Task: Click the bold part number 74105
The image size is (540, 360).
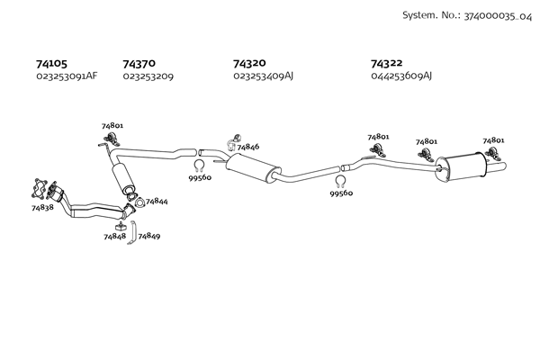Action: coord(51,64)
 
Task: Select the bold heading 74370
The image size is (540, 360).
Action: coord(139,64)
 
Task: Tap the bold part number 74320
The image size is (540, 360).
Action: coord(249,63)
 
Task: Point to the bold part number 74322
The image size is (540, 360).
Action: coord(386,63)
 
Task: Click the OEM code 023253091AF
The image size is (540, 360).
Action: coord(67,76)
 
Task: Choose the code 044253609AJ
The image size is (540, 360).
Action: coord(401,76)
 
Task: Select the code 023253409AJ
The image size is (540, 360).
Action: coord(263,76)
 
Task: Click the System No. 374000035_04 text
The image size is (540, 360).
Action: coord(467,15)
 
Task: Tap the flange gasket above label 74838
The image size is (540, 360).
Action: coord(40,189)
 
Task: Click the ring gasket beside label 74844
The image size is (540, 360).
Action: coord(139,202)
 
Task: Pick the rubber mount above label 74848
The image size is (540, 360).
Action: coord(121,227)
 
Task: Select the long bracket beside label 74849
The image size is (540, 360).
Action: coord(133,232)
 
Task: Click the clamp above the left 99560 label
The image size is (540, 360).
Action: coord(199,166)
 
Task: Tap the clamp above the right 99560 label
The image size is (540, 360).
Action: coord(340,181)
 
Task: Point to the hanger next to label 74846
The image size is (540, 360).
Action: coord(233,142)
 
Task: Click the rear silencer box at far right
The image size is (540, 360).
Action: coord(462,166)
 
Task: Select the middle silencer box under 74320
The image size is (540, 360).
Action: coord(254,168)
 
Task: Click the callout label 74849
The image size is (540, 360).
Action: coord(149,237)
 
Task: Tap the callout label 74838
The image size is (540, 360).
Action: coord(42,207)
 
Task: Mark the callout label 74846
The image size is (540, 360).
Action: coord(248,147)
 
